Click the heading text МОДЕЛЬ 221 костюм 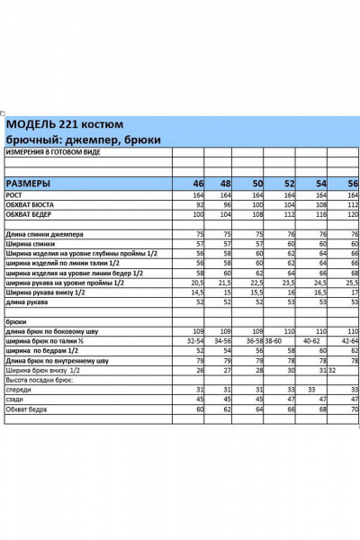65,124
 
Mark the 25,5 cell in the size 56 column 352,283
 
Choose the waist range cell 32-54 194,341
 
